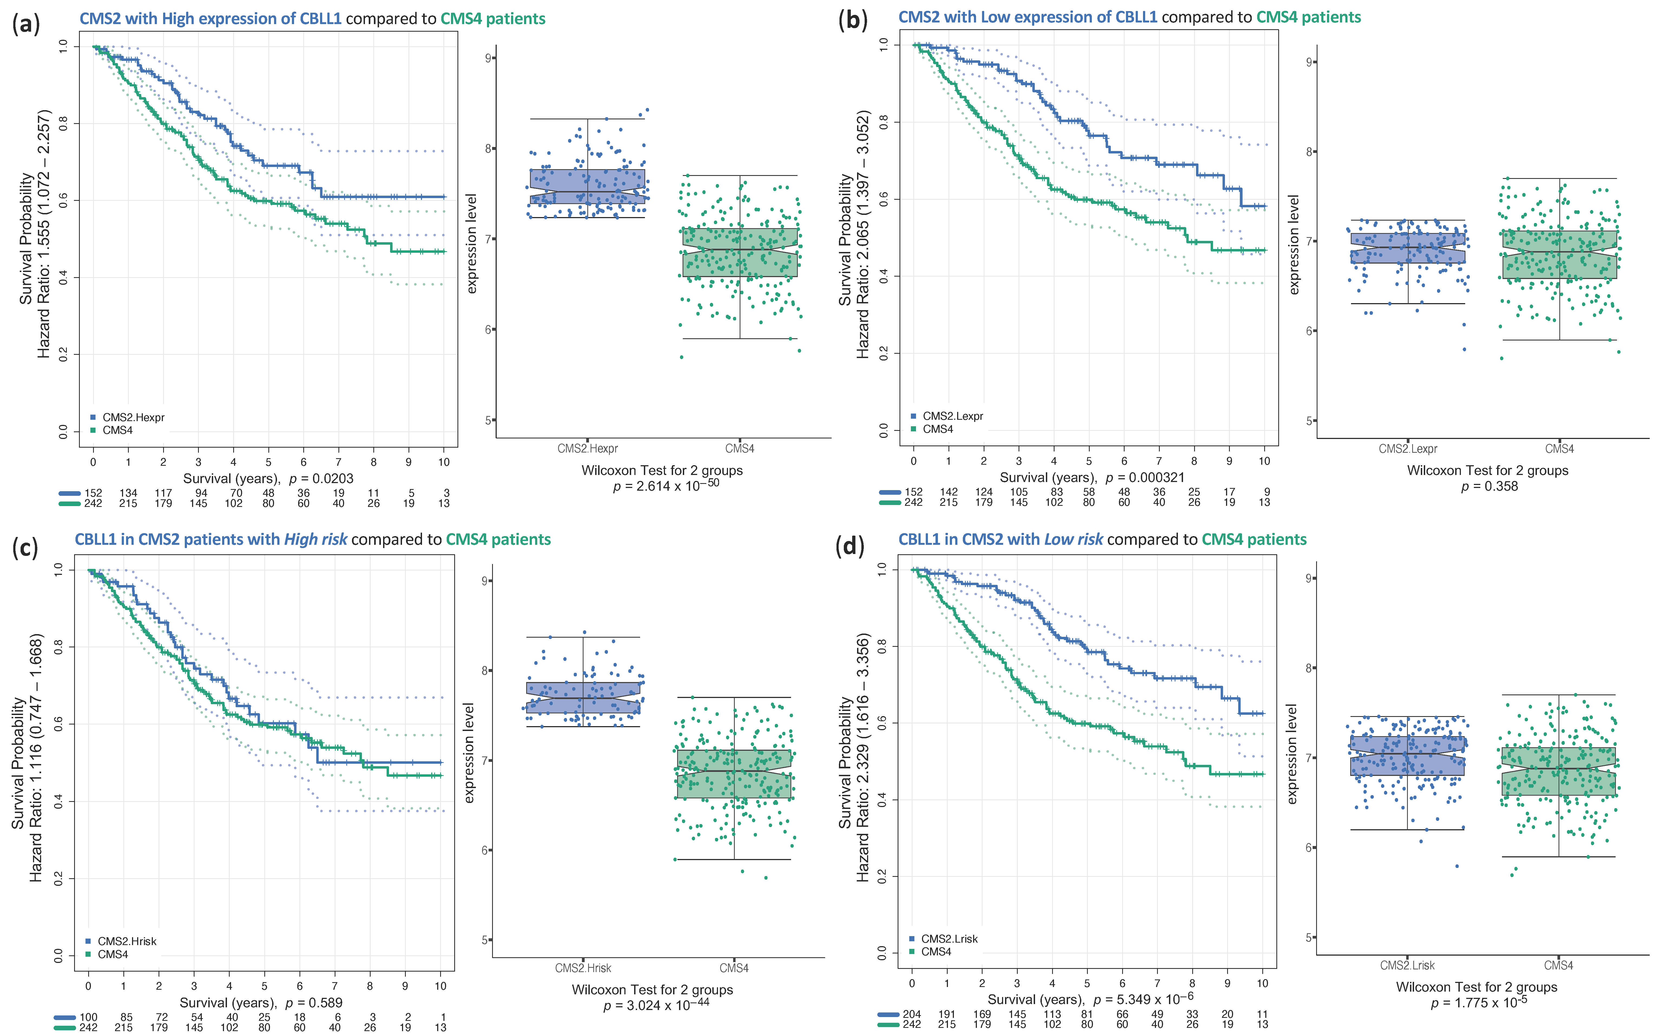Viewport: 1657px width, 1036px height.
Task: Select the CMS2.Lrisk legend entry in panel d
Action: [x=948, y=939]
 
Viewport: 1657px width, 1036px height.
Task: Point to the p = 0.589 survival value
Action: [x=314, y=1002]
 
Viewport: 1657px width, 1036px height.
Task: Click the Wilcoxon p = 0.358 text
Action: [x=1489, y=487]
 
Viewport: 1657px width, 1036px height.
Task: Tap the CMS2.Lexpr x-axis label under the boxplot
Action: [x=1408, y=449]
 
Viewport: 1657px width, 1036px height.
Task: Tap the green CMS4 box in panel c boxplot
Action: [x=734, y=773]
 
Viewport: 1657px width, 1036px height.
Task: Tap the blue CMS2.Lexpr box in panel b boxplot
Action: [x=1408, y=248]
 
